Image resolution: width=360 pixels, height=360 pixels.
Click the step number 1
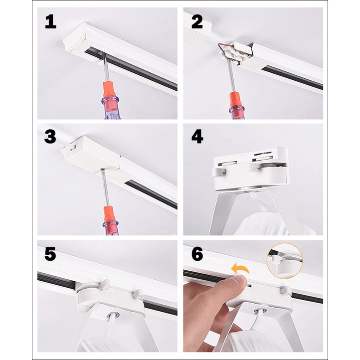(51, 21)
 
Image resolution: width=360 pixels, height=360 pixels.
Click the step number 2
(197, 21)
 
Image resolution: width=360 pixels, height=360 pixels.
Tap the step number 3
(50, 137)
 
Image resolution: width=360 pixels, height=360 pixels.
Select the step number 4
(197, 137)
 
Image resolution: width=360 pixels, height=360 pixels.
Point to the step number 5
(50, 254)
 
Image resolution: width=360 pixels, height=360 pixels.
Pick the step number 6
(197, 254)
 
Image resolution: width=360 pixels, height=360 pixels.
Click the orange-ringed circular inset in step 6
(285, 261)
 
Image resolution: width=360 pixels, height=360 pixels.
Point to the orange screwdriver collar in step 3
(109, 213)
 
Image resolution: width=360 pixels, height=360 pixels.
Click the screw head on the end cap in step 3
(102, 170)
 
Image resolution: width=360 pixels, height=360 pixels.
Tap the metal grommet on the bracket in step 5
(113, 315)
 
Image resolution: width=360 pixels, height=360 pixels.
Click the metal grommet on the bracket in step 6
(260, 311)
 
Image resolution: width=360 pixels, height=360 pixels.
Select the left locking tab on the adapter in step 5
(104, 284)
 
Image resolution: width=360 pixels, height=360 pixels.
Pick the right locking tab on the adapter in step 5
(137, 294)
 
